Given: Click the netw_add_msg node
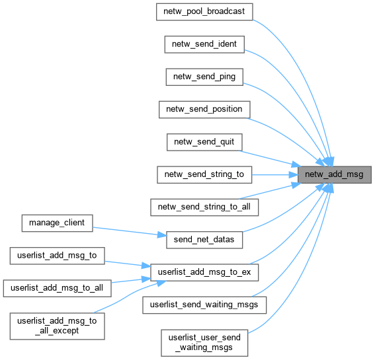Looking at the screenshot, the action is [x=335, y=174].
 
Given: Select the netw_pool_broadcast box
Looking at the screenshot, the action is [x=204, y=12].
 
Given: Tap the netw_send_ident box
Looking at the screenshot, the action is [x=204, y=44].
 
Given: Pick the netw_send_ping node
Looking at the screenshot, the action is [x=204, y=77].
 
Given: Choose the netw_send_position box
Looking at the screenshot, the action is [x=204, y=110].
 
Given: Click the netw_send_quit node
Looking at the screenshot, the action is [x=204, y=142].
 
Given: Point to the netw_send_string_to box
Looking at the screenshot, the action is [x=204, y=174].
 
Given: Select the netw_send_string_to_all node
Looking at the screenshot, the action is [x=204, y=207].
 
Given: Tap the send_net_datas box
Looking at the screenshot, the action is [x=204, y=240].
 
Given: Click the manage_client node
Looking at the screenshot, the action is [x=57, y=223].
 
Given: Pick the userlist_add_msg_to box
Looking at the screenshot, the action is [x=57, y=256].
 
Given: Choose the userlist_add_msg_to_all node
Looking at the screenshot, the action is [x=57, y=289].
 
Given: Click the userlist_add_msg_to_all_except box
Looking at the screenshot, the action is [x=57, y=326].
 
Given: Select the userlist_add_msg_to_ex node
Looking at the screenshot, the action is [x=204, y=272].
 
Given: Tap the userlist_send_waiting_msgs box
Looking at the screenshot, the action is [x=204, y=305].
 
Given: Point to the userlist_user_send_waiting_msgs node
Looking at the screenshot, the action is [x=204, y=343].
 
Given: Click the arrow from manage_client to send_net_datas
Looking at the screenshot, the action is [x=130, y=231].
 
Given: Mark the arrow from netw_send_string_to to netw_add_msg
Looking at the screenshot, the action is [x=274, y=174].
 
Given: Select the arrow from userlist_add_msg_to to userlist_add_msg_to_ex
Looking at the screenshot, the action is [x=128, y=264].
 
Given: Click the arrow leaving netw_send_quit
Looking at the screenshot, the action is [x=270, y=158].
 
